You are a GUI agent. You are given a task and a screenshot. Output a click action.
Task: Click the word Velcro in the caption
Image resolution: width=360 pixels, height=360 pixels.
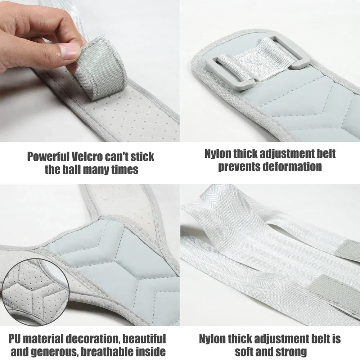[x=90, y=157]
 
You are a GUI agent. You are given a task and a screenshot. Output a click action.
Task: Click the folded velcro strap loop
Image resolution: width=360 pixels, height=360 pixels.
[x=103, y=68]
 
